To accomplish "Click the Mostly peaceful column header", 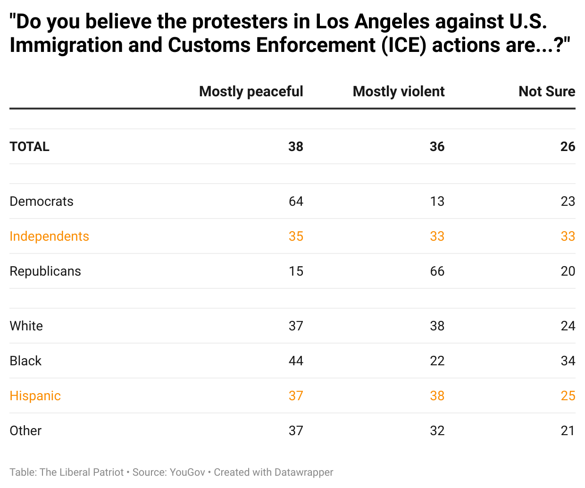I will pyautogui.click(x=251, y=92).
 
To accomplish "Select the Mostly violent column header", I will pyautogui.click(x=399, y=92).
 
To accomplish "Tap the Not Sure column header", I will pyautogui.click(x=547, y=92).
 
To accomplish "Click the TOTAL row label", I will pyautogui.click(x=30, y=147).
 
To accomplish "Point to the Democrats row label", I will pyautogui.click(x=42, y=202).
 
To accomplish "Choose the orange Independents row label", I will pyautogui.click(x=50, y=236).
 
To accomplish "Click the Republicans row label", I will pyautogui.click(x=45, y=271).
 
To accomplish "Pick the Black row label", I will pyautogui.click(x=25, y=361).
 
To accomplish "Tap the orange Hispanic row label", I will pyautogui.click(x=35, y=396).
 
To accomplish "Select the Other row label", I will pyautogui.click(x=25, y=431).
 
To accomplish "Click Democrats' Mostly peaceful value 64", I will pyautogui.click(x=296, y=202).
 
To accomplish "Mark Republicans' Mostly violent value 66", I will pyautogui.click(x=437, y=271).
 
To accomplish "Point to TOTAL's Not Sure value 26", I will pyautogui.click(x=568, y=147).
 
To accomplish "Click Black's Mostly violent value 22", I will pyautogui.click(x=437, y=361).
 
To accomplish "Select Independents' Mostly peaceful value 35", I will pyautogui.click(x=296, y=236).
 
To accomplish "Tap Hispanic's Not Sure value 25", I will pyautogui.click(x=568, y=396).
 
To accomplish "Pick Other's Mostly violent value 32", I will pyautogui.click(x=437, y=431).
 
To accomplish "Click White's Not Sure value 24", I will pyautogui.click(x=568, y=326).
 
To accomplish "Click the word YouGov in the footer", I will pyautogui.click(x=187, y=472).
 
